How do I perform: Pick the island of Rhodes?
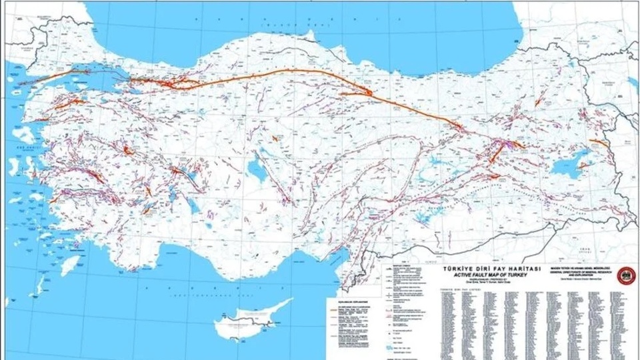pyautogui.click(x=69, y=265)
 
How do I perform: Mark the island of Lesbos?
pyautogui.click(x=23, y=133)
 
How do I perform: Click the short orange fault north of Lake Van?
pyautogui.click(x=597, y=143)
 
